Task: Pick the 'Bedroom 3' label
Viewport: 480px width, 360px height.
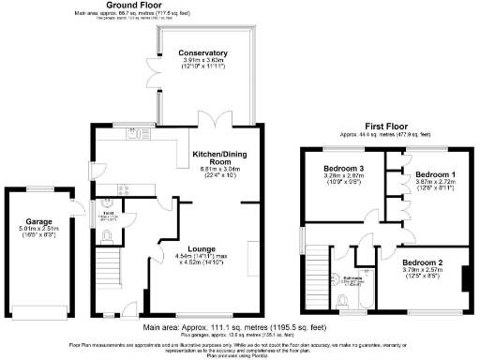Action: click(336, 169)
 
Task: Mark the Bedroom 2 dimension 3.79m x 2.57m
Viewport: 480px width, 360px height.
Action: click(424, 270)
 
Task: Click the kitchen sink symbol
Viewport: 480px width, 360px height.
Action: click(139, 134)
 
